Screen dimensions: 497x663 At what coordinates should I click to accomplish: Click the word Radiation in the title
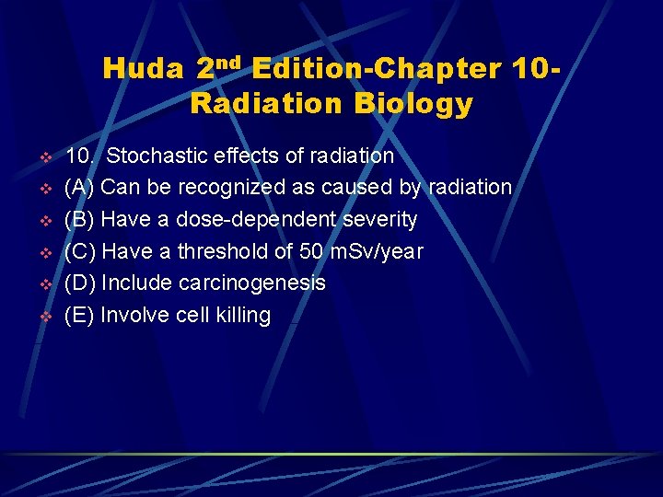click(x=257, y=104)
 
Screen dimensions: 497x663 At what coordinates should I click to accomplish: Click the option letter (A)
click(x=79, y=188)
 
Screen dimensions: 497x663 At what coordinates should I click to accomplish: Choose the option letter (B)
click(x=79, y=220)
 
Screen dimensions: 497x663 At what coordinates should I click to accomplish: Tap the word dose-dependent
click(x=248, y=220)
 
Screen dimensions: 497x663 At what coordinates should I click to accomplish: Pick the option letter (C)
click(x=79, y=251)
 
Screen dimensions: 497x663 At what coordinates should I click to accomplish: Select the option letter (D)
click(x=79, y=283)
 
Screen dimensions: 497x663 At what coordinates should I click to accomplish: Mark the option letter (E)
click(x=79, y=316)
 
